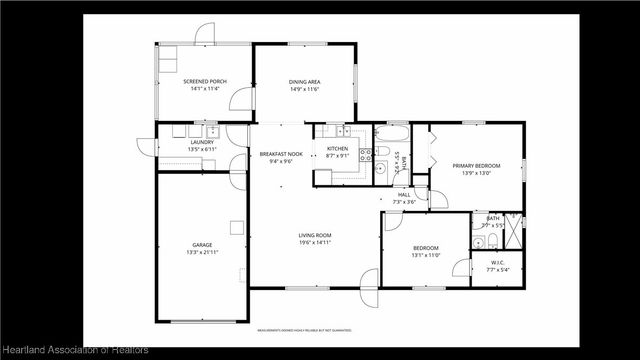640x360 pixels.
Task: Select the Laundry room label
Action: click(202, 143)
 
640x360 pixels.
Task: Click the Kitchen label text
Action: click(337, 149)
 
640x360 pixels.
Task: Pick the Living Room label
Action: click(314, 235)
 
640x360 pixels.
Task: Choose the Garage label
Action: click(202, 244)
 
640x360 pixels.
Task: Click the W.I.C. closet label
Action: click(497, 263)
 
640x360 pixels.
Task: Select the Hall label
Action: click(404, 194)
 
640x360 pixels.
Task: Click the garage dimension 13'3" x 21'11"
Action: click(202, 252)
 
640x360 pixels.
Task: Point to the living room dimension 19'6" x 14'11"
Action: click(314, 243)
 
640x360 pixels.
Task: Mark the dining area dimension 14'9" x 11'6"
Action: click(303, 89)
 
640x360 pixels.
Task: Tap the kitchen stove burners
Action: click(366, 154)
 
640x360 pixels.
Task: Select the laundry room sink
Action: click(212, 131)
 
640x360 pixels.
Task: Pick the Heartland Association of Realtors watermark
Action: click(76, 349)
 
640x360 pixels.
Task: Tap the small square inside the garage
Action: click(236, 224)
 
